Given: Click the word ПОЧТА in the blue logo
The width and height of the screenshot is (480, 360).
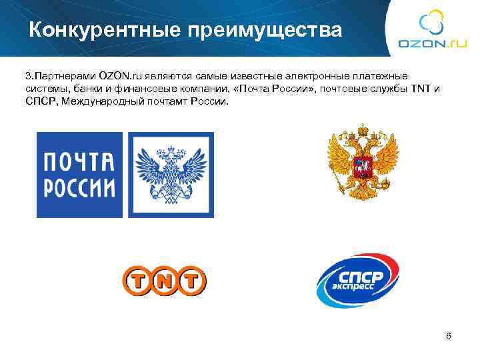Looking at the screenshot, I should point(79,163).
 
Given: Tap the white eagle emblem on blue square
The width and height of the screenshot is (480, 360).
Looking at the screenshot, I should point(171,175).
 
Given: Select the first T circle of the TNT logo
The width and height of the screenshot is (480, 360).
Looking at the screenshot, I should point(136,281).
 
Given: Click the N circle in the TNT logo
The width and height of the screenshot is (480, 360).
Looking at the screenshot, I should point(164,281).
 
